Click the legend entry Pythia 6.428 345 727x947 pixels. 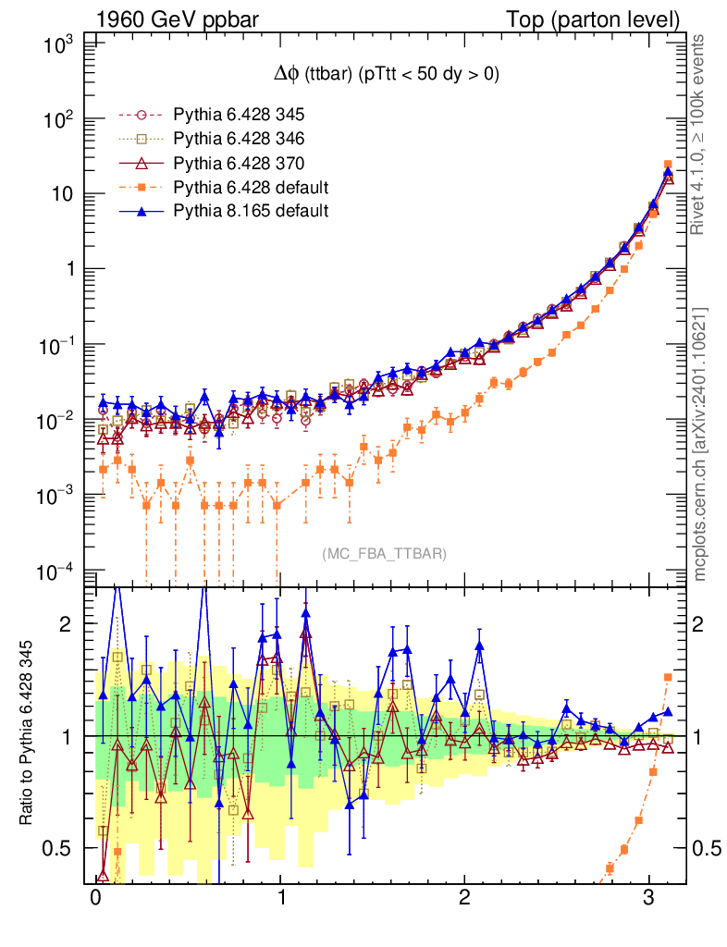click(x=239, y=115)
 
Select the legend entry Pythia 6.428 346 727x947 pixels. click(x=239, y=139)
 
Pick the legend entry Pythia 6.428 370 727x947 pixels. click(x=239, y=163)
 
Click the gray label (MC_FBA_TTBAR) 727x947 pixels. click(x=385, y=553)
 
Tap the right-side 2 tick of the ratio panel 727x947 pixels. click(x=700, y=623)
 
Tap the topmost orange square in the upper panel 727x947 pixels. click(x=668, y=165)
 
